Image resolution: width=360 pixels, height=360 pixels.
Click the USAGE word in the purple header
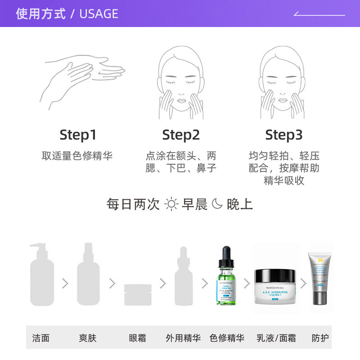pos(99,14)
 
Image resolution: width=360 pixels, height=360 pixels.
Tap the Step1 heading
pos(78,135)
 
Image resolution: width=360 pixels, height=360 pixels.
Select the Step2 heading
pos(181,135)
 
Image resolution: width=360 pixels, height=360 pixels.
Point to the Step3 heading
pos(283,135)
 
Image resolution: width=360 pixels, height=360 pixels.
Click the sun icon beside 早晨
pos(171,204)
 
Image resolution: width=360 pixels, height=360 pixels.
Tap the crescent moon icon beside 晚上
pos(217,204)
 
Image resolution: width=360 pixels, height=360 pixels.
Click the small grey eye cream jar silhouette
pos(138,295)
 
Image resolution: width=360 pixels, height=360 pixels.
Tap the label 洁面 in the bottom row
pos(41,338)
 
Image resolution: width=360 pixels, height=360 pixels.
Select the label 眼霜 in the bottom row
pos(138,338)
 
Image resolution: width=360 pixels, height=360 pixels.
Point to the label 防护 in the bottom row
pos(320,338)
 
